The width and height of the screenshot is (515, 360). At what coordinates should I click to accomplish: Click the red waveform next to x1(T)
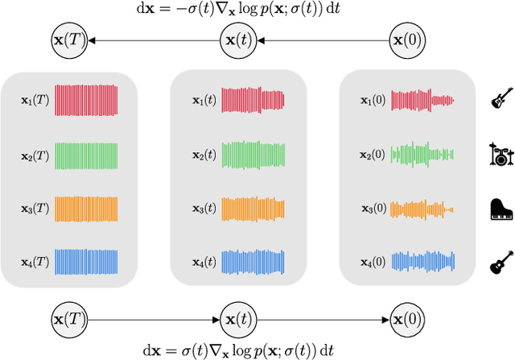[86, 101]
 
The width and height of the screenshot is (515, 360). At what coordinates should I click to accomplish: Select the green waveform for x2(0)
[422, 153]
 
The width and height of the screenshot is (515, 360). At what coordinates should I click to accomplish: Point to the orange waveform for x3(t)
[253, 208]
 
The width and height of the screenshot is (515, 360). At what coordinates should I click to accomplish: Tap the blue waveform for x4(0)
[422, 261]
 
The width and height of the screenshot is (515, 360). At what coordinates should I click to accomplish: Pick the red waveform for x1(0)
[422, 101]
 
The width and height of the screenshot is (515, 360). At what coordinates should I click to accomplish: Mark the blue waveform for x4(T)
[86, 261]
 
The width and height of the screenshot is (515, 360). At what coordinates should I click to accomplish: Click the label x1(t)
[204, 101]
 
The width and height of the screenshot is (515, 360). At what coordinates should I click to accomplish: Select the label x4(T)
[35, 261]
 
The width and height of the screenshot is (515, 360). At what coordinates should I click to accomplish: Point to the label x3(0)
[373, 208]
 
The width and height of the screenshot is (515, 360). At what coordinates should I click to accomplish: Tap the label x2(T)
[35, 153]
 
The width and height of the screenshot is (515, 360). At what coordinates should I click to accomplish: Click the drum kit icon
[501, 153]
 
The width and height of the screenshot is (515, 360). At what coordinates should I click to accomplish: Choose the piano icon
[501, 208]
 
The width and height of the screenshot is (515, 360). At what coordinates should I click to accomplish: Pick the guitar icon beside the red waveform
[501, 100]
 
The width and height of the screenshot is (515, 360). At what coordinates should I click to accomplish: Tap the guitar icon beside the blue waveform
[501, 263]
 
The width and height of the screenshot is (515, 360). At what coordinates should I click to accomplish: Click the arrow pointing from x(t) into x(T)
[153, 39]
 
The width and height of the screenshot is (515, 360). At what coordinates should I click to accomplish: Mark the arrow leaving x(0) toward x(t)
[322, 39]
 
